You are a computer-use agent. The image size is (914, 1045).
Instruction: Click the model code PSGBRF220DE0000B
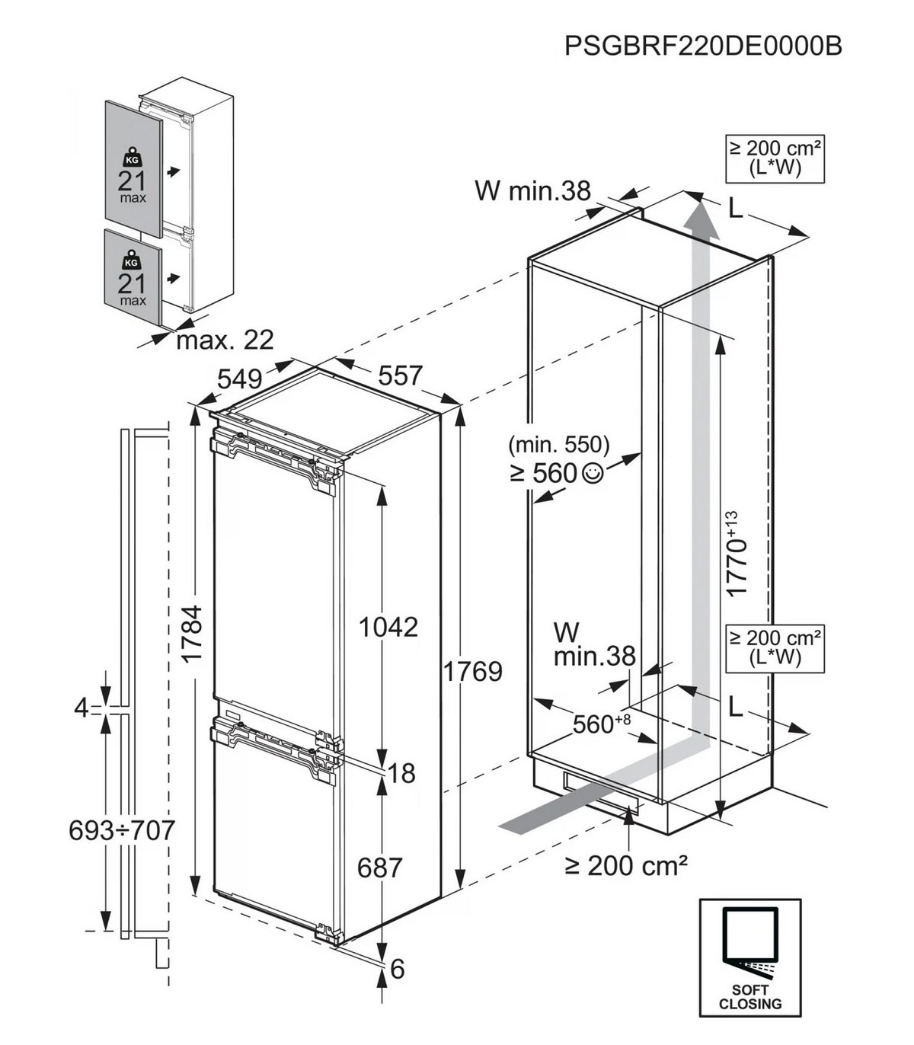pyautogui.click(x=703, y=46)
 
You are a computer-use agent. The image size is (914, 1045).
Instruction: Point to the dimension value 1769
pyautogui.click(x=473, y=671)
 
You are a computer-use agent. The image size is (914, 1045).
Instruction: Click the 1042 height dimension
pyautogui.click(x=388, y=627)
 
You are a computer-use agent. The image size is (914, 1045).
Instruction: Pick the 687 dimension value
pyautogui.click(x=379, y=867)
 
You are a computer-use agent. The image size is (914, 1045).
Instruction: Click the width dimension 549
pyautogui.click(x=239, y=379)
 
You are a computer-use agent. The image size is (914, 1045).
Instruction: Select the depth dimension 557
pyautogui.click(x=400, y=375)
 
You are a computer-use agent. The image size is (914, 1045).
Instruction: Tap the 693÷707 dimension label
pyautogui.click(x=122, y=829)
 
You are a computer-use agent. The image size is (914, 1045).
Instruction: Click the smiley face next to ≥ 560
pyautogui.click(x=593, y=473)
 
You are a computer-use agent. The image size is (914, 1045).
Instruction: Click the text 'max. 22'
pyautogui.click(x=225, y=340)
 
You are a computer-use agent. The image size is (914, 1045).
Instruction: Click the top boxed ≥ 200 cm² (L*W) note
pyautogui.click(x=775, y=158)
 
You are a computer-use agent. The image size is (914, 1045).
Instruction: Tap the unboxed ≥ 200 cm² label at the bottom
pyautogui.click(x=627, y=864)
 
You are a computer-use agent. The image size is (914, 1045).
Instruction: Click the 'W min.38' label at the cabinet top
pyautogui.click(x=532, y=190)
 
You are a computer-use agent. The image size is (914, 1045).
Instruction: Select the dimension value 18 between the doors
pyautogui.click(x=401, y=773)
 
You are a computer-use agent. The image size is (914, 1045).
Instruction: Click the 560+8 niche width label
pyautogui.click(x=601, y=724)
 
